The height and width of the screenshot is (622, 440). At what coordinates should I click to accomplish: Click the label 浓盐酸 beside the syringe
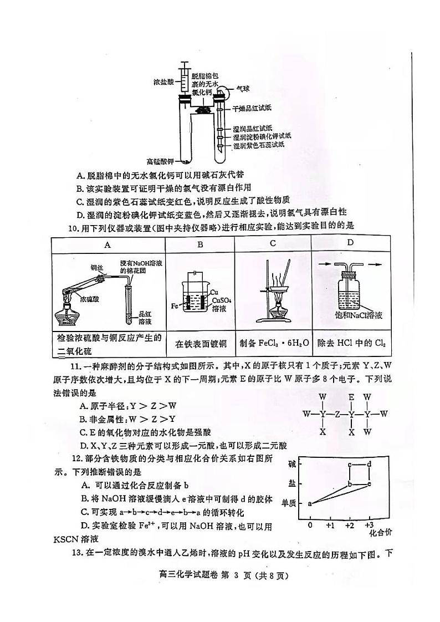163,82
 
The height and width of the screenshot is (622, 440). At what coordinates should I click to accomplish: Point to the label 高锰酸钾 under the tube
160,162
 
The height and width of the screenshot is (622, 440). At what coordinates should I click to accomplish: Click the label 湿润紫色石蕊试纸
258,145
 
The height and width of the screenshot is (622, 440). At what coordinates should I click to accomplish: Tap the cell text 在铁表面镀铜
200,343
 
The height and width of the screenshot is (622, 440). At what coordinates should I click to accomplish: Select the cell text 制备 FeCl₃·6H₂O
273,343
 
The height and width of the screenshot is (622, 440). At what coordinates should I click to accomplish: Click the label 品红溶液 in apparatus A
146,317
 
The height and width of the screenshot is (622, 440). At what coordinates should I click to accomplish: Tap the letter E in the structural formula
351,397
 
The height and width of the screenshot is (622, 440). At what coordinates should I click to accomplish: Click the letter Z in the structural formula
337,414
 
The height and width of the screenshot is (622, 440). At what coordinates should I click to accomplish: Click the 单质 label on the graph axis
289,503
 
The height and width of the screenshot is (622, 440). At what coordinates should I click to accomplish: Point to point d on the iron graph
369,464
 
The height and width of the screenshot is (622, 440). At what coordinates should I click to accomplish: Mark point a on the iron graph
309,503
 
